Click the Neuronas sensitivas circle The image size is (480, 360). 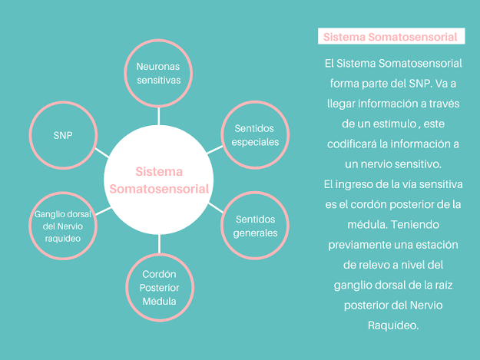click(x=158, y=73)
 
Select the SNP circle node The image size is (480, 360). click(x=63, y=134)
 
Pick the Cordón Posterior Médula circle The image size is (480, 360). click(x=160, y=287)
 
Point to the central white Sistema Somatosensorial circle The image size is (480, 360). click(x=159, y=181)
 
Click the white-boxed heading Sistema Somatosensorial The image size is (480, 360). click(x=391, y=37)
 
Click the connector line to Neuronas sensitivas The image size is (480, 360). click(x=159, y=115)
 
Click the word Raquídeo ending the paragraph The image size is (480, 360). click(x=391, y=325)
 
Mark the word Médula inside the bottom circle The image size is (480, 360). click(x=160, y=301)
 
